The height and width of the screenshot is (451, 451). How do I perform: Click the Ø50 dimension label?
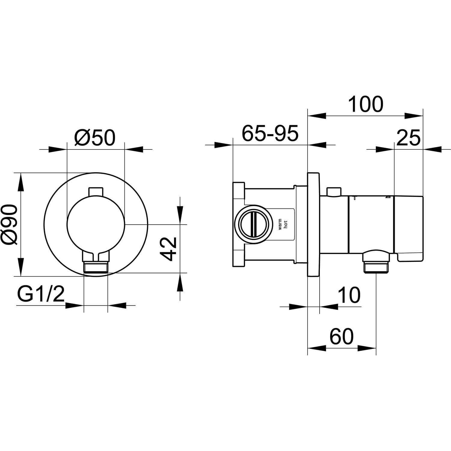pos(95,138)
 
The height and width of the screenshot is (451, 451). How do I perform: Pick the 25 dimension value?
pos(408,138)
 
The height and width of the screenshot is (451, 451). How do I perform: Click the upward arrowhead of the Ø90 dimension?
pos(20,182)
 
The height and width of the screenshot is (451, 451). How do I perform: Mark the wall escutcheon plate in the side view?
pos(313,224)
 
